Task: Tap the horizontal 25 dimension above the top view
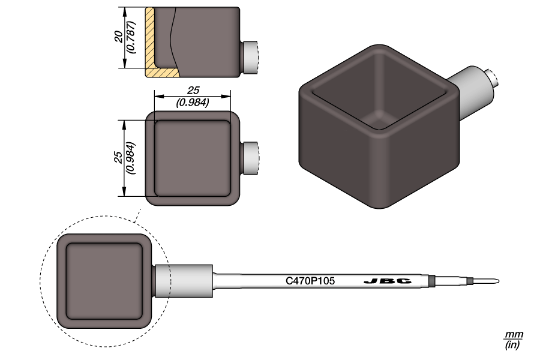(193, 90)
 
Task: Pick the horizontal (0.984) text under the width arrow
(193, 103)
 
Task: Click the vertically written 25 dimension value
(118, 158)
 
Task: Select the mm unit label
(514, 334)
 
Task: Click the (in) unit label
(514, 344)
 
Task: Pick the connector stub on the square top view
(251, 158)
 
